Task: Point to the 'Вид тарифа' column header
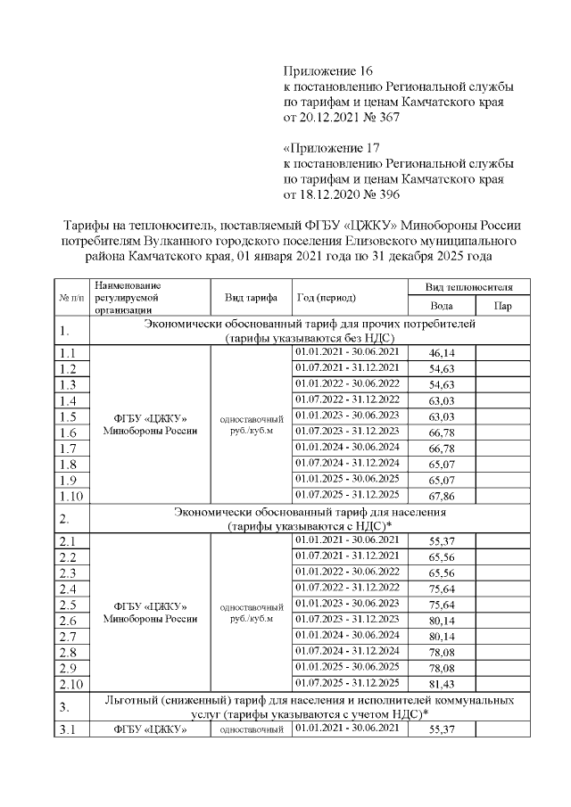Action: pos(250,297)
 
